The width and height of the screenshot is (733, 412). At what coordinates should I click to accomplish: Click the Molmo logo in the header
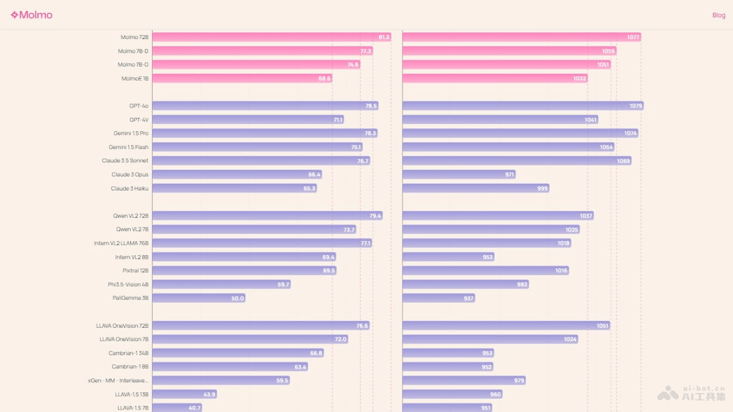point(32,15)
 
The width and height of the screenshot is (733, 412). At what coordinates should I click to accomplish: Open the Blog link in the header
point(718,15)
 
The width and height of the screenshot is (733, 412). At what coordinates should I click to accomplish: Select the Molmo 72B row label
point(134,37)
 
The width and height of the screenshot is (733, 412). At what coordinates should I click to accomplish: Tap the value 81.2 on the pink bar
point(384,37)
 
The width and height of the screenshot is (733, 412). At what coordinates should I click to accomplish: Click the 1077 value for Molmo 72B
point(633,37)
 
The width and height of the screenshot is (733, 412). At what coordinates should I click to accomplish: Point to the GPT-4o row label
point(139,106)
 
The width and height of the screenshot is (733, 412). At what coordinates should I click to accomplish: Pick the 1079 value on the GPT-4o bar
point(636,106)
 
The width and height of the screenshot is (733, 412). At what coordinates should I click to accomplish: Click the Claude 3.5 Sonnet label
point(125,161)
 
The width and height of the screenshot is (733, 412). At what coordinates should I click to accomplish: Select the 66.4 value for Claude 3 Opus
point(315,175)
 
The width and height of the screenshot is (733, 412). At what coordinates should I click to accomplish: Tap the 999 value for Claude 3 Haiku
point(542,189)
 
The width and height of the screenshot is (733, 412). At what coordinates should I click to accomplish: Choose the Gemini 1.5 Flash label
point(128,147)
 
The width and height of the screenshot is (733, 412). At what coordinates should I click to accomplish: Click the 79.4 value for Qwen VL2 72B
point(375,216)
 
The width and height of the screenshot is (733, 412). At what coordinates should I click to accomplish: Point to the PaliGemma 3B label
point(131,298)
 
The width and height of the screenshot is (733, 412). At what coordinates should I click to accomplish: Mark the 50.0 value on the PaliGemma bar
point(238,298)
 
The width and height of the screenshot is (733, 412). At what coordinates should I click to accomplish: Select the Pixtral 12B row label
point(136,270)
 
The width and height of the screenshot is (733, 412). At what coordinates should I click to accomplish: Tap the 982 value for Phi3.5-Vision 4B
point(522,284)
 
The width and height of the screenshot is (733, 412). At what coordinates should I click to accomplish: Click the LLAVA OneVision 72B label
point(122,326)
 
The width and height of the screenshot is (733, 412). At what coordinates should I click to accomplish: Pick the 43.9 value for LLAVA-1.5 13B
point(210,394)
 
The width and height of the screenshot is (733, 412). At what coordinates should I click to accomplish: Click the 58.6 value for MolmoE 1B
point(324,79)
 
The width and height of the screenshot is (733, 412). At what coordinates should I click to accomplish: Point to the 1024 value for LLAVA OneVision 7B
point(571,339)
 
